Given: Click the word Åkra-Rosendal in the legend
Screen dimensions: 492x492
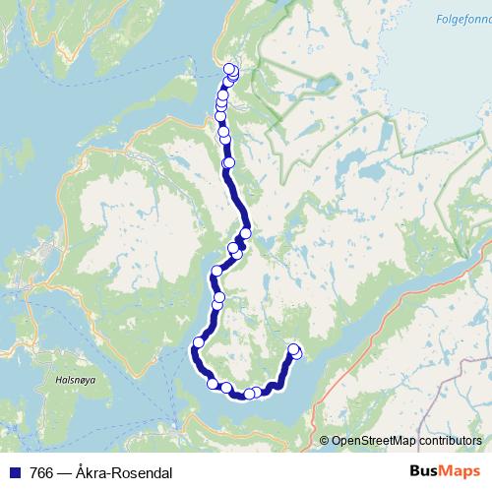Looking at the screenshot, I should pos(123,472).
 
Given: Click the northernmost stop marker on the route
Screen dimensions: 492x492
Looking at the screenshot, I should pos(230,69).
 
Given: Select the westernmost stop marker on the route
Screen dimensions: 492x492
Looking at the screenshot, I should pos(198,342).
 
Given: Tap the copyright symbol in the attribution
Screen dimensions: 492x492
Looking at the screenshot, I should pos(325,441).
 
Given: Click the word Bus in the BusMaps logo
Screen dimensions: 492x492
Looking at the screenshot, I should pos(426,471).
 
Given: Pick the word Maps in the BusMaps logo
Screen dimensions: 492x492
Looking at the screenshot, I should pos(461,471).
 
